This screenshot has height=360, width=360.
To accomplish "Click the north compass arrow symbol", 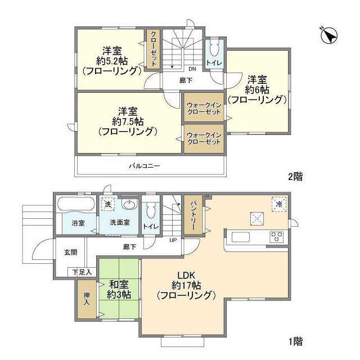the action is (x=329, y=36).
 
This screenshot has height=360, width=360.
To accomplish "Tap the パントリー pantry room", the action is (x=193, y=215).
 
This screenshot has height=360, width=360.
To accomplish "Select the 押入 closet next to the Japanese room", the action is (x=87, y=299).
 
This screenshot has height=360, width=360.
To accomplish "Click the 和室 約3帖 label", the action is (x=119, y=290).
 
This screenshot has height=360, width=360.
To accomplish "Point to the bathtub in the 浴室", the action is (x=76, y=203).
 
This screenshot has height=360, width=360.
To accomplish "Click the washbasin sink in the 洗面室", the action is (x=130, y=204).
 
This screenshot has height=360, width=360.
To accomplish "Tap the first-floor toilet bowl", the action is (x=151, y=211).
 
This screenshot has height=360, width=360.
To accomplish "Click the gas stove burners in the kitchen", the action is (x=276, y=237).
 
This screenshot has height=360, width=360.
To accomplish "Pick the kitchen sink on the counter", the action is (x=241, y=237).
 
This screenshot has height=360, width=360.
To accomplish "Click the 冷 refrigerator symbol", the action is (x=279, y=204).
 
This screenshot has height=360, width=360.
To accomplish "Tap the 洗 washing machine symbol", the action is (x=107, y=204).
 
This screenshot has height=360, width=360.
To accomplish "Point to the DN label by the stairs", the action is (x=192, y=69).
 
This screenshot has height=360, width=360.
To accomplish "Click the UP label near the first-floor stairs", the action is (x=173, y=240).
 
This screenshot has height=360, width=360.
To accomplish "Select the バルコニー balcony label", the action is (x=144, y=166).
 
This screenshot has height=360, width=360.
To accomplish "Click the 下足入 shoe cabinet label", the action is (x=82, y=272).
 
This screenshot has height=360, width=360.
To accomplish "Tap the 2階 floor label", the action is (x=295, y=177).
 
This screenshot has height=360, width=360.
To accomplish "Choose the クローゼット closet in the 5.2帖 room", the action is (x=154, y=49).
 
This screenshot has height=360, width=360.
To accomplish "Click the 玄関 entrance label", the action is (x=70, y=253).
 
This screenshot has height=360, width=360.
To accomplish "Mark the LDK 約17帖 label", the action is (x=186, y=285).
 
